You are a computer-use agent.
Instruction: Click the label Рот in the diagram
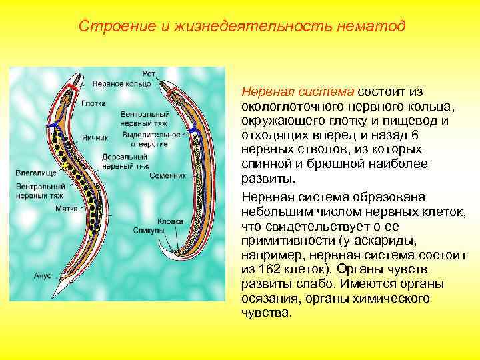coord(149,74)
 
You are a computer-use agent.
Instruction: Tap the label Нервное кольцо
coord(121,84)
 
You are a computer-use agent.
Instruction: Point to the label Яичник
coord(95,139)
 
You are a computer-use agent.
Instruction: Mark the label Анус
coord(33,273)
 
